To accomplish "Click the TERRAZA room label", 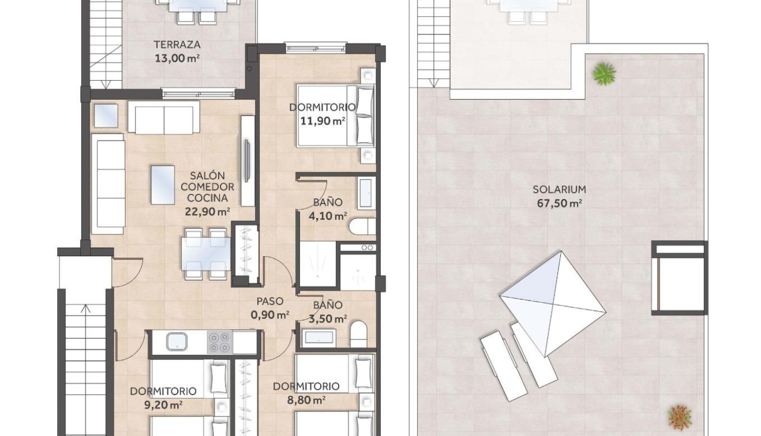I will (177, 44).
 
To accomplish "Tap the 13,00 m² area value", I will (177, 58).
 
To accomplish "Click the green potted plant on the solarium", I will (604, 73).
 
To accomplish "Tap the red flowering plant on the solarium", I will (680, 415).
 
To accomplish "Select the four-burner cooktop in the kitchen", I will (219, 341).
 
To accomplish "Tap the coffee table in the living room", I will (163, 185).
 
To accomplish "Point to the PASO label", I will (269, 301).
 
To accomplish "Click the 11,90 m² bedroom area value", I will (323, 121).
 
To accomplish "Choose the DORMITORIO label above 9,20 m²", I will (163, 391).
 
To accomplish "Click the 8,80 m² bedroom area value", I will (306, 399).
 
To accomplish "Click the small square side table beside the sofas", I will (106, 115).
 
